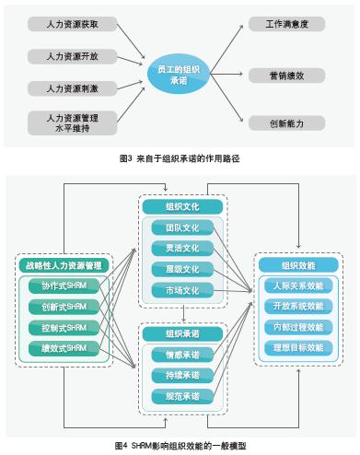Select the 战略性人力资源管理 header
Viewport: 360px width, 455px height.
click(x=64, y=266)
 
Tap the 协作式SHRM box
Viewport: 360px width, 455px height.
click(x=64, y=286)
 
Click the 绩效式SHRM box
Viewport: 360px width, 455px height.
click(x=64, y=349)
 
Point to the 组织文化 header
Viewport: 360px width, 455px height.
click(x=181, y=206)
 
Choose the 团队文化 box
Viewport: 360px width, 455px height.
click(x=181, y=227)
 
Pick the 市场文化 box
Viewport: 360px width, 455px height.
click(x=181, y=291)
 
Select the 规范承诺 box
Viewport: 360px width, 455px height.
click(x=181, y=397)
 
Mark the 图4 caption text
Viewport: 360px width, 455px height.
click(x=180, y=446)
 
